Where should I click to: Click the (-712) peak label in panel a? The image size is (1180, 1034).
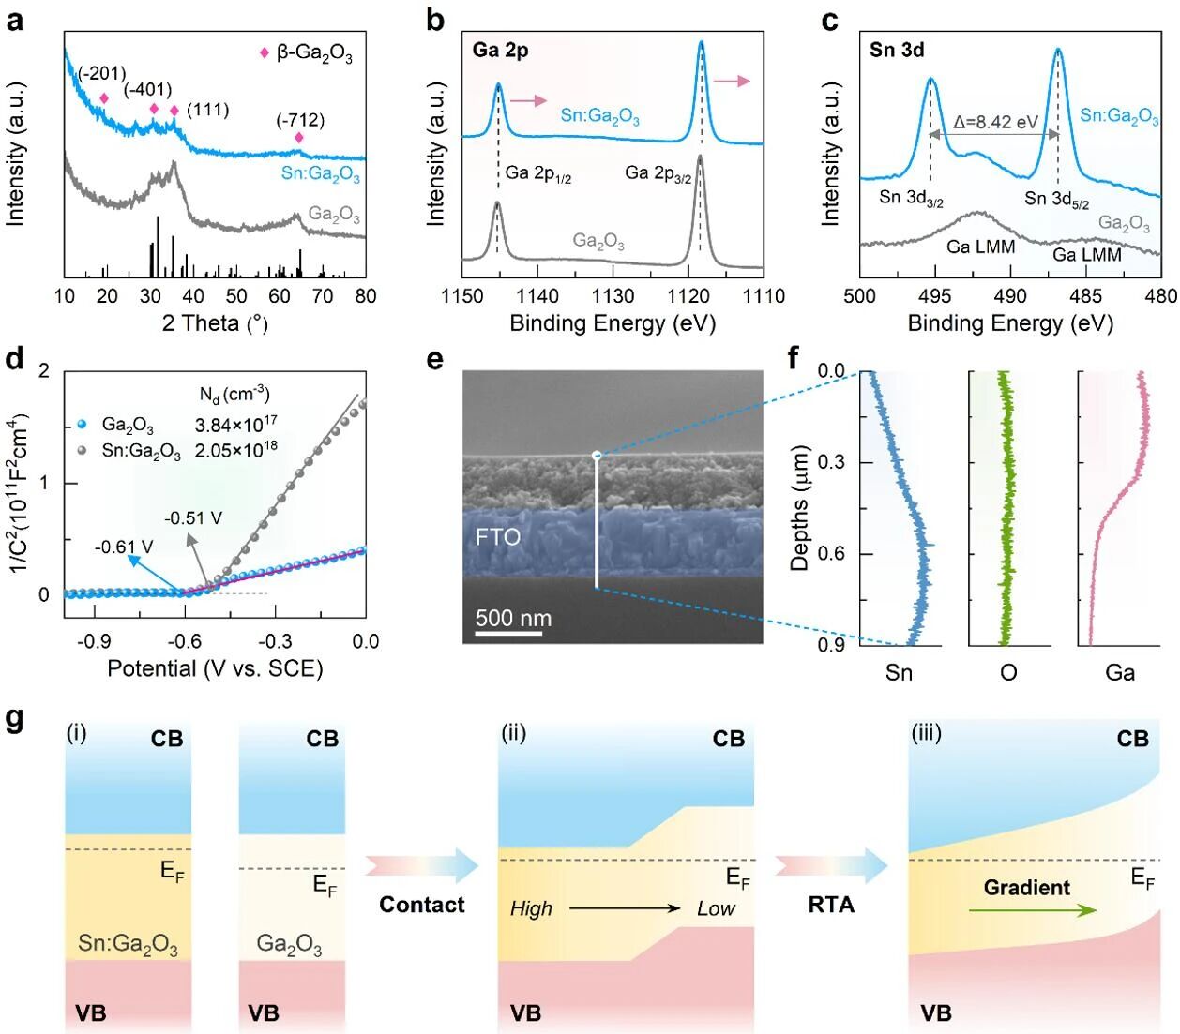click(x=300, y=121)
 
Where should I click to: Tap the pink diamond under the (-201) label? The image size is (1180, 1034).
click(x=104, y=98)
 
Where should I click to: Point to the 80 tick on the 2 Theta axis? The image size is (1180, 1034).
click(x=365, y=296)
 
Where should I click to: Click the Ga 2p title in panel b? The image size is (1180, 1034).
click(x=500, y=50)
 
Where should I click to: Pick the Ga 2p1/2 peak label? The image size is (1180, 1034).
click(x=538, y=173)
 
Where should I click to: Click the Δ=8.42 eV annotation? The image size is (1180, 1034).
click(x=996, y=123)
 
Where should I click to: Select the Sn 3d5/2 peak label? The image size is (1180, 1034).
click(x=1057, y=199)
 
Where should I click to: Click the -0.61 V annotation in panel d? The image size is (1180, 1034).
click(x=124, y=547)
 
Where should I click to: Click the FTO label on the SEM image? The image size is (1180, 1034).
click(x=497, y=537)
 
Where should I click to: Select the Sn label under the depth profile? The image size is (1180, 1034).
click(x=899, y=672)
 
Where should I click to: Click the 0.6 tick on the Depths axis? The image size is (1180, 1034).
click(x=831, y=553)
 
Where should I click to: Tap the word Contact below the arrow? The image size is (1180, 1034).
click(x=422, y=905)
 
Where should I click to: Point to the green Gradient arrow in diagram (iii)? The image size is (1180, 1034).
click(x=1032, y=909)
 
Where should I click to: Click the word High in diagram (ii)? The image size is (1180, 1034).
click(x=531, y=908)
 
